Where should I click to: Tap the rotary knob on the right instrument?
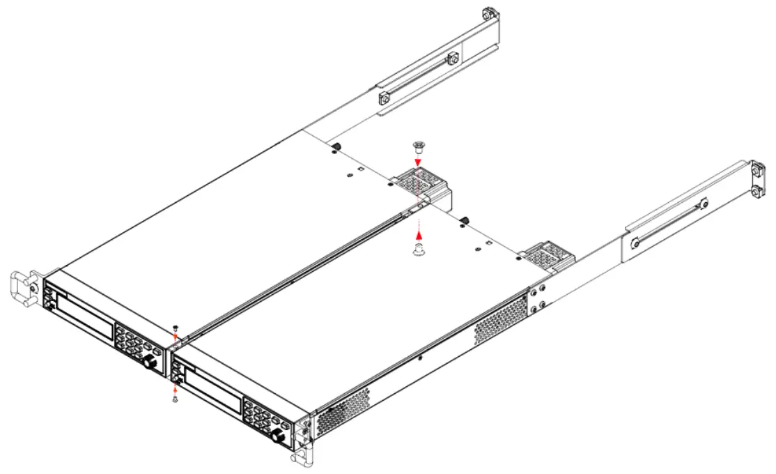click(x=279, y=437)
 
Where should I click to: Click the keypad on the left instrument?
click(x=132, y=342)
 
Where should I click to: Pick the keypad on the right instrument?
click(x=263, y=416)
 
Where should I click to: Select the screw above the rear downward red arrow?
click(x=418, y=146)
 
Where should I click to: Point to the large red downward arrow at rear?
click(x=418, y=162)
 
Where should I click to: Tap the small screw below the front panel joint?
click(x=175, y=399)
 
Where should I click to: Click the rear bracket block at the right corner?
click(x=551, y=256)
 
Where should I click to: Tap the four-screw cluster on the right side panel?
click(x=537, y=299)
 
